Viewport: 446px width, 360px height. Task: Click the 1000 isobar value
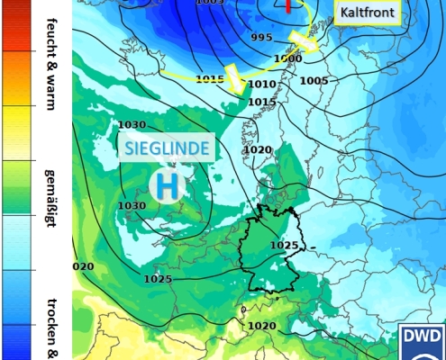[x=288, y=58]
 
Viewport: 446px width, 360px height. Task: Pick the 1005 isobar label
[x=314, y=81]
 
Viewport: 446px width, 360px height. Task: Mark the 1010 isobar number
[x=261, y=84]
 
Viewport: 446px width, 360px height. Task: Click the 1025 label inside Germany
[x=284, y=245]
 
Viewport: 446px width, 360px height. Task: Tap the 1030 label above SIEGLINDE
[x=132, y=125]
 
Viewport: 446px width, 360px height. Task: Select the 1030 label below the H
[x=132, y=206]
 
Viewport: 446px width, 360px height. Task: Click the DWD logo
[x=422, y=341]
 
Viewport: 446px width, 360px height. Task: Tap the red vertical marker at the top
[x=288, y=6]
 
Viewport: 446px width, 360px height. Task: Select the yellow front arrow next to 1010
[x=237, y=78]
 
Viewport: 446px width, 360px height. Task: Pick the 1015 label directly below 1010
[x=261, y=102]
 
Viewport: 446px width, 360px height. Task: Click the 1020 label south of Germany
[x=261, y=325]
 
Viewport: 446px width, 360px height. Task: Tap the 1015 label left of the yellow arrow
[x=209, y=80]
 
